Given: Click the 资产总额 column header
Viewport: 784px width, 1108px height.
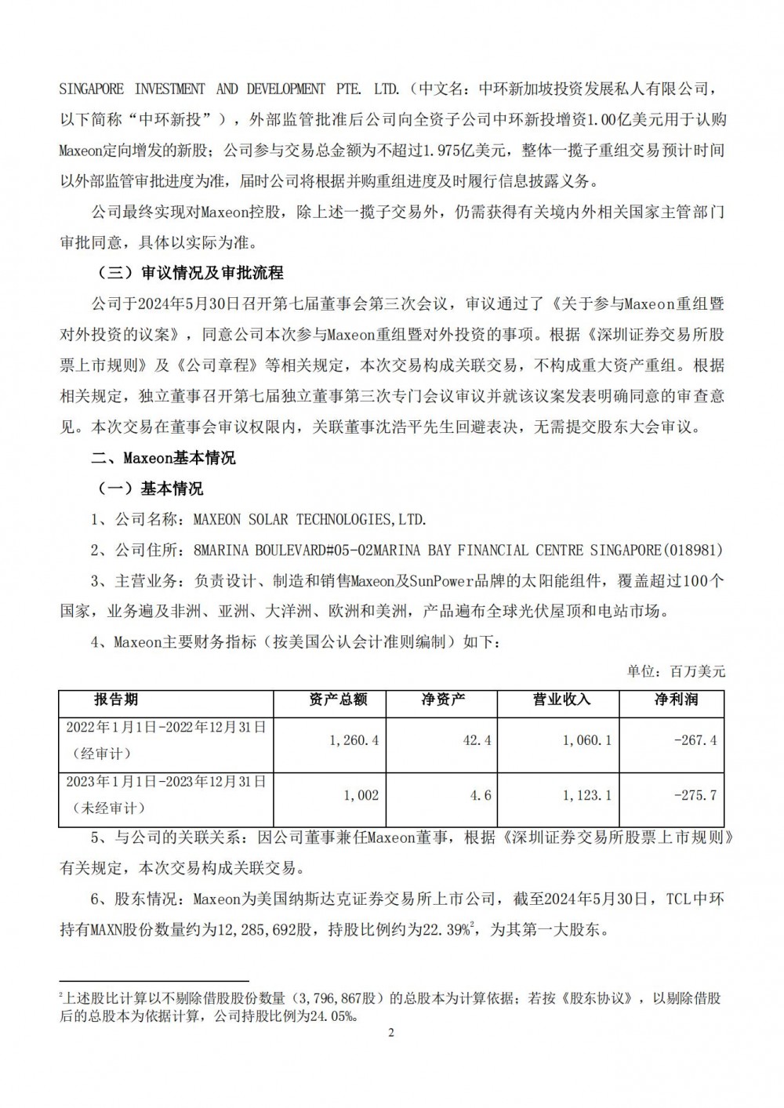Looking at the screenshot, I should pos(338,699).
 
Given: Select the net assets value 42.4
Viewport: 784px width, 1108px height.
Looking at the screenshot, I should pos(477,739).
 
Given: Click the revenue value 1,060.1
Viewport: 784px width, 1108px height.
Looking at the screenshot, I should pos(587,739).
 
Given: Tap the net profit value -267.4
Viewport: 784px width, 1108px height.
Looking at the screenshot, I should pos(696,739).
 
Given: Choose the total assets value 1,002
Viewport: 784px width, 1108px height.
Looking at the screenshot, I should pos(361,795).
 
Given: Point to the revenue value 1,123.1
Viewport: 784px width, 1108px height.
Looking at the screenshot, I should pos(587,795).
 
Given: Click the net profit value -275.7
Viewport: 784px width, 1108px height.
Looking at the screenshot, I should pos(696,795).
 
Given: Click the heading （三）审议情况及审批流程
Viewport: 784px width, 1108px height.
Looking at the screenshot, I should pos(187,274).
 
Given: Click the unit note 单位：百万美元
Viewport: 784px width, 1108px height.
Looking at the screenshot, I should pos(677,671).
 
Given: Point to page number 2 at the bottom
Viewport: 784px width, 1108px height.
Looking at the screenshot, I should pos(391,1032).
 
